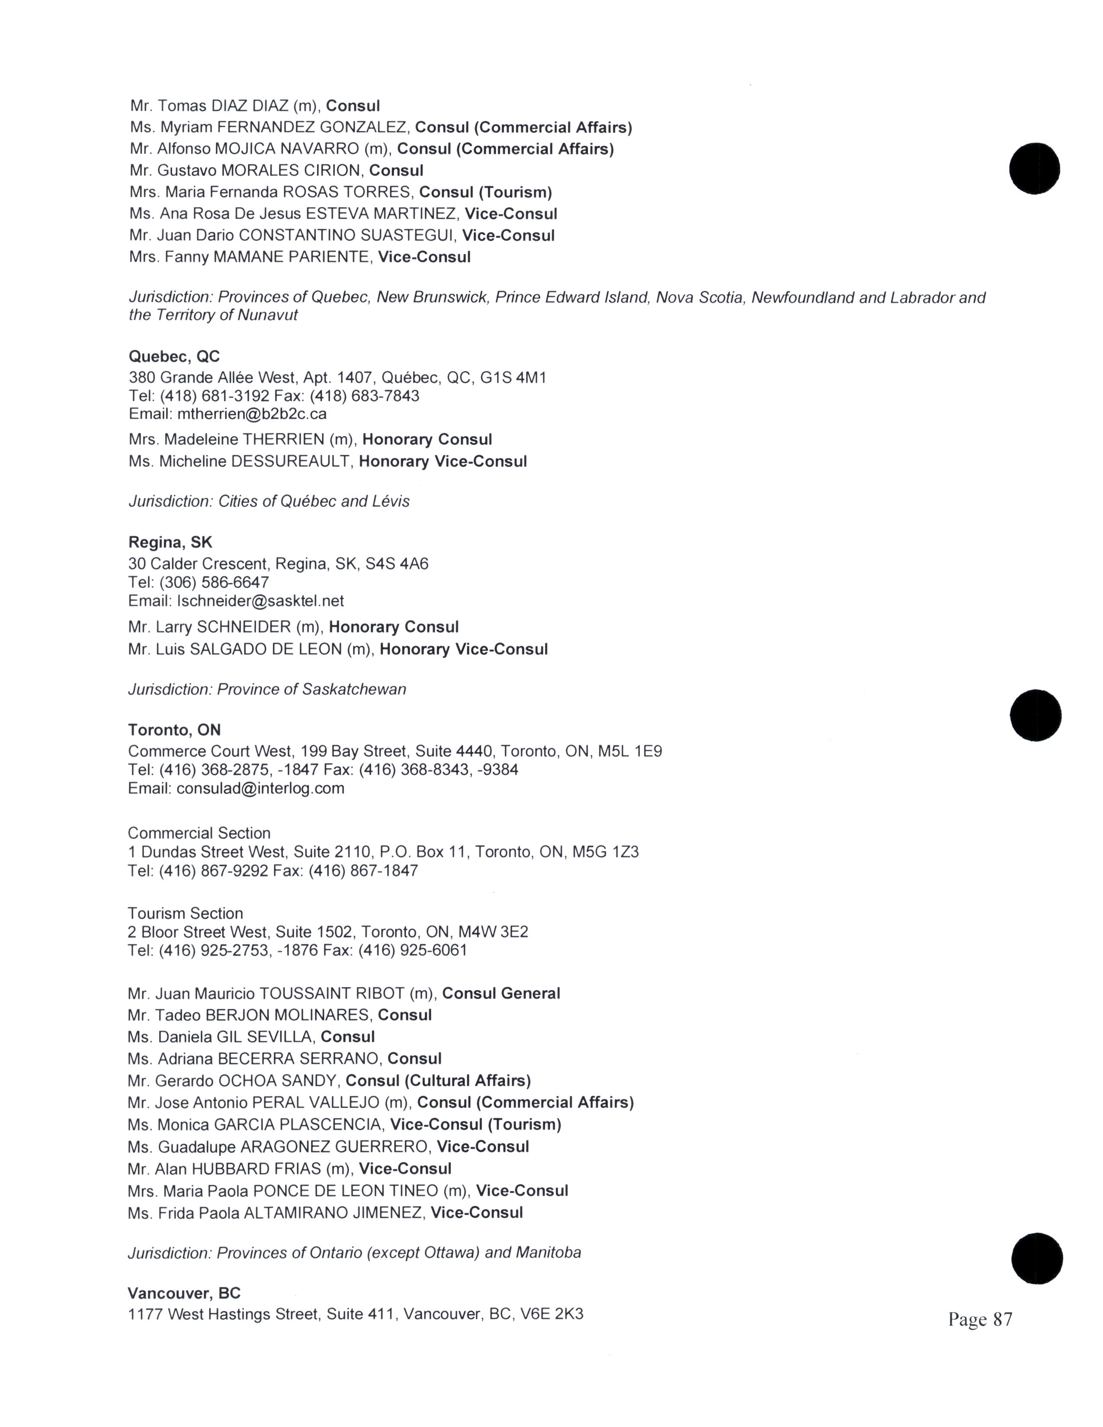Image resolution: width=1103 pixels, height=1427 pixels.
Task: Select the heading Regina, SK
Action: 170,542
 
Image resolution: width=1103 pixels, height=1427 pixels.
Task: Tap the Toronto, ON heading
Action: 174,730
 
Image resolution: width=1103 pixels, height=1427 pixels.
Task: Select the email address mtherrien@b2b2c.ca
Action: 252,414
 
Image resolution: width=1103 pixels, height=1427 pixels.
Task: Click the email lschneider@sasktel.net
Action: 260,601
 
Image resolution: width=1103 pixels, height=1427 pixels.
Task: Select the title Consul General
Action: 501,994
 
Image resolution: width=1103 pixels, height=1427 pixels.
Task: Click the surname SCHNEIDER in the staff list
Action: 244,627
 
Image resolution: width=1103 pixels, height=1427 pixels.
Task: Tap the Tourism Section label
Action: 185,913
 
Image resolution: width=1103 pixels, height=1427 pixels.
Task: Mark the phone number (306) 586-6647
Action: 214,582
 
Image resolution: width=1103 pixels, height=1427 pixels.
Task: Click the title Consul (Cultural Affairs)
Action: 438,1081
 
